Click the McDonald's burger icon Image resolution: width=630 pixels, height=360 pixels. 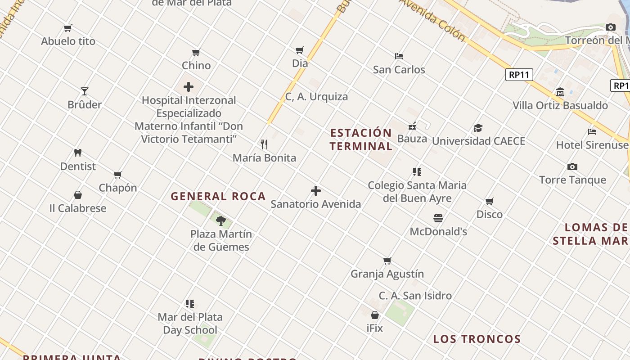[438, 218]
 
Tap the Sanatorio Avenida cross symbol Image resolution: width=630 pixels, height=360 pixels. [316, 191]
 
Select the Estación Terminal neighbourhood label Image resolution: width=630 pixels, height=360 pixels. [361, 139]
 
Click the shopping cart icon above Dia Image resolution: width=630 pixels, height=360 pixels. [300, 50]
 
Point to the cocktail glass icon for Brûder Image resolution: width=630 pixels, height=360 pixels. [84, 91]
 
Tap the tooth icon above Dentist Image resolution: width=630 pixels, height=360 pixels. [78, 153]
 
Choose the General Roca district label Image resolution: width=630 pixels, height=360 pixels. [218, 197]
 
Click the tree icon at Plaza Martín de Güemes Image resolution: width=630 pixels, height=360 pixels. [220, 220]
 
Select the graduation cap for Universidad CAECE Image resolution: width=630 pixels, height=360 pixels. [478, 128]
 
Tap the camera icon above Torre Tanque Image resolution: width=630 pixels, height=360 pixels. [572, 166]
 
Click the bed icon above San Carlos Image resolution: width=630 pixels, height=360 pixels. [399, 56]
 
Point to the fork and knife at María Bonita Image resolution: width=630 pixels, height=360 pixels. [264, 144]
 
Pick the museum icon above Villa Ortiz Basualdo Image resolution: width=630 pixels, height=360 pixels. [560, 92]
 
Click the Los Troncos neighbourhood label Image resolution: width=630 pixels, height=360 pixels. [477, 339]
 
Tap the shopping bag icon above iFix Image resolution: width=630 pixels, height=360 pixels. [375, 315]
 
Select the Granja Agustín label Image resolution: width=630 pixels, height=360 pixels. [387, 274]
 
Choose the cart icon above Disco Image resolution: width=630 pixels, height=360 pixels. [490, 201]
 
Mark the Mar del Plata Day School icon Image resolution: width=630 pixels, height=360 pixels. [190, 304]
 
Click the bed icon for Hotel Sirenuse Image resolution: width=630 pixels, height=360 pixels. [592, 132]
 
